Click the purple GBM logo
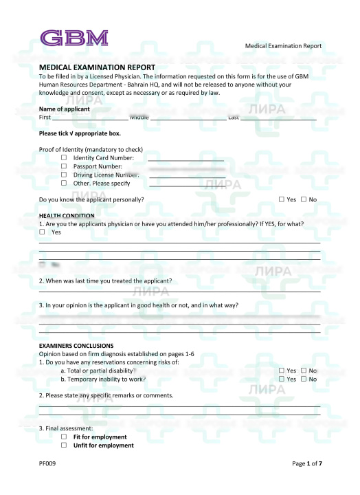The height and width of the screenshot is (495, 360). coord(74,37)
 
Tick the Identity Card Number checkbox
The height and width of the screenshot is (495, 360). coord(64,157)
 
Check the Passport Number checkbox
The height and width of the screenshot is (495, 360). coord(64,166)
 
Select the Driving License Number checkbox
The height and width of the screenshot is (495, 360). coord(64,175)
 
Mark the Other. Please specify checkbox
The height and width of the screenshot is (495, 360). coord(64,183)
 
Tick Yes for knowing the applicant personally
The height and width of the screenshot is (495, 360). coord(282,199)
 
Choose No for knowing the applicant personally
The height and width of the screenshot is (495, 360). coord(304,199)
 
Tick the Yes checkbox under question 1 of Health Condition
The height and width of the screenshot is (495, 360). coord(42,232)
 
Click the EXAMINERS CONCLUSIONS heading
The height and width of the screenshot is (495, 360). coord(76,345)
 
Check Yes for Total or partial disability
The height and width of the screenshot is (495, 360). coord(282,371)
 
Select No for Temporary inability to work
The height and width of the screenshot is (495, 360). coord(304,379)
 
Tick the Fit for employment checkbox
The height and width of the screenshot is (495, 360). coord(64,437)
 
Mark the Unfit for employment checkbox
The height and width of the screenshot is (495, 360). coord(64,445)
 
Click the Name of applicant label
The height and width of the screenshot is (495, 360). coord(64,109)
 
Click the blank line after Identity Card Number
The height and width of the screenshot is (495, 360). coord(185,159)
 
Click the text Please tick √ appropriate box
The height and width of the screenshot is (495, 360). coord(80,133)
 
